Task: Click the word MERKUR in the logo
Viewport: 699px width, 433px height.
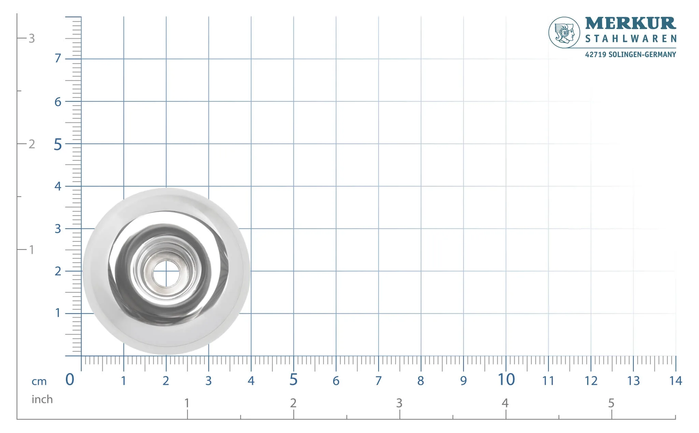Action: coord(630,24)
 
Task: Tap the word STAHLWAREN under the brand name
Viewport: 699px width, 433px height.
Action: coord(631,39)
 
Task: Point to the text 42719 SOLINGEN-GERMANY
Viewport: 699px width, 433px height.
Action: coord(630,55)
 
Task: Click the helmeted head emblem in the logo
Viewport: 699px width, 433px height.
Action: coord(564,33)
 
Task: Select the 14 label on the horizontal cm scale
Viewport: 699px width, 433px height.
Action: coord(675,380)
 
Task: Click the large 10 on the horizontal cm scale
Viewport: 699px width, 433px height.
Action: coord(506,379)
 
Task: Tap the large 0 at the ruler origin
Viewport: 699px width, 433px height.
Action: coord(70,379)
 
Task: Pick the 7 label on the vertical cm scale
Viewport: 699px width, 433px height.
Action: coord(58,58)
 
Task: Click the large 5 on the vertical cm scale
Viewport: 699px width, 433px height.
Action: coord(58,145)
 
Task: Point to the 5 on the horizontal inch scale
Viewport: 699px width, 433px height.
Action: coord(611,403)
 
